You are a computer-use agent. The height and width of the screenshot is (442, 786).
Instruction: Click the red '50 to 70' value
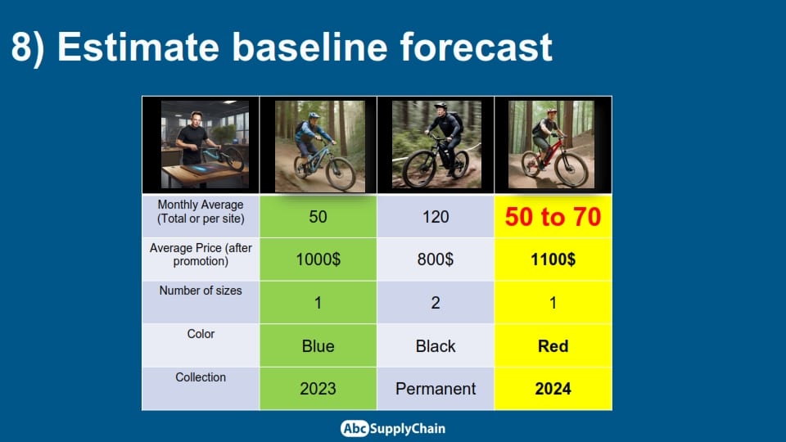553,216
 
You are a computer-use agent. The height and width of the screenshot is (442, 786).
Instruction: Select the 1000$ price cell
318,259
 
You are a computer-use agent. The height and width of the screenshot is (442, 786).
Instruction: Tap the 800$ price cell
435,259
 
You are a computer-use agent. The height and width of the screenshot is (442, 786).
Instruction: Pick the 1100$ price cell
553,259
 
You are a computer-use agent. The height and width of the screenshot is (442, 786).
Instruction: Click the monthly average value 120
435,216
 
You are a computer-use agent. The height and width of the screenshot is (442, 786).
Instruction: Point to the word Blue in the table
318,345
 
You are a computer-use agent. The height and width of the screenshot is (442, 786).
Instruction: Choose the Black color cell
435,345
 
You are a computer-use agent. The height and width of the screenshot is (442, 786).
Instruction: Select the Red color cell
553,345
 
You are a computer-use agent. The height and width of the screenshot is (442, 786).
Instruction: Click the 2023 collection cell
318,389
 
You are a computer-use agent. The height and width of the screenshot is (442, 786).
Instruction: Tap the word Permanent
435,389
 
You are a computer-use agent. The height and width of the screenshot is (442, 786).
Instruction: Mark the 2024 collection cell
553,389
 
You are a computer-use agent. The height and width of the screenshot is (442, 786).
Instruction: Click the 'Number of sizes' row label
201,291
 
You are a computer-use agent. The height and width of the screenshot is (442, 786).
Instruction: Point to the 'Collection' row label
201,377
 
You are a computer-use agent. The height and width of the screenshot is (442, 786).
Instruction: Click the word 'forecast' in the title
477,47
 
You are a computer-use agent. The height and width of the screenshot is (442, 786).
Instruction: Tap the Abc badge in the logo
355,428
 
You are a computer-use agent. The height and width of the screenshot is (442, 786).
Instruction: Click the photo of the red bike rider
551,145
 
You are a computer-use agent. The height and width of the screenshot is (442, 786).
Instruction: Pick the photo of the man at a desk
205,145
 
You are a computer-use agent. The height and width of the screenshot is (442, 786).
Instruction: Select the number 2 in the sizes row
435,303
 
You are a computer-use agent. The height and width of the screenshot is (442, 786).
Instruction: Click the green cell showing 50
318,216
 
